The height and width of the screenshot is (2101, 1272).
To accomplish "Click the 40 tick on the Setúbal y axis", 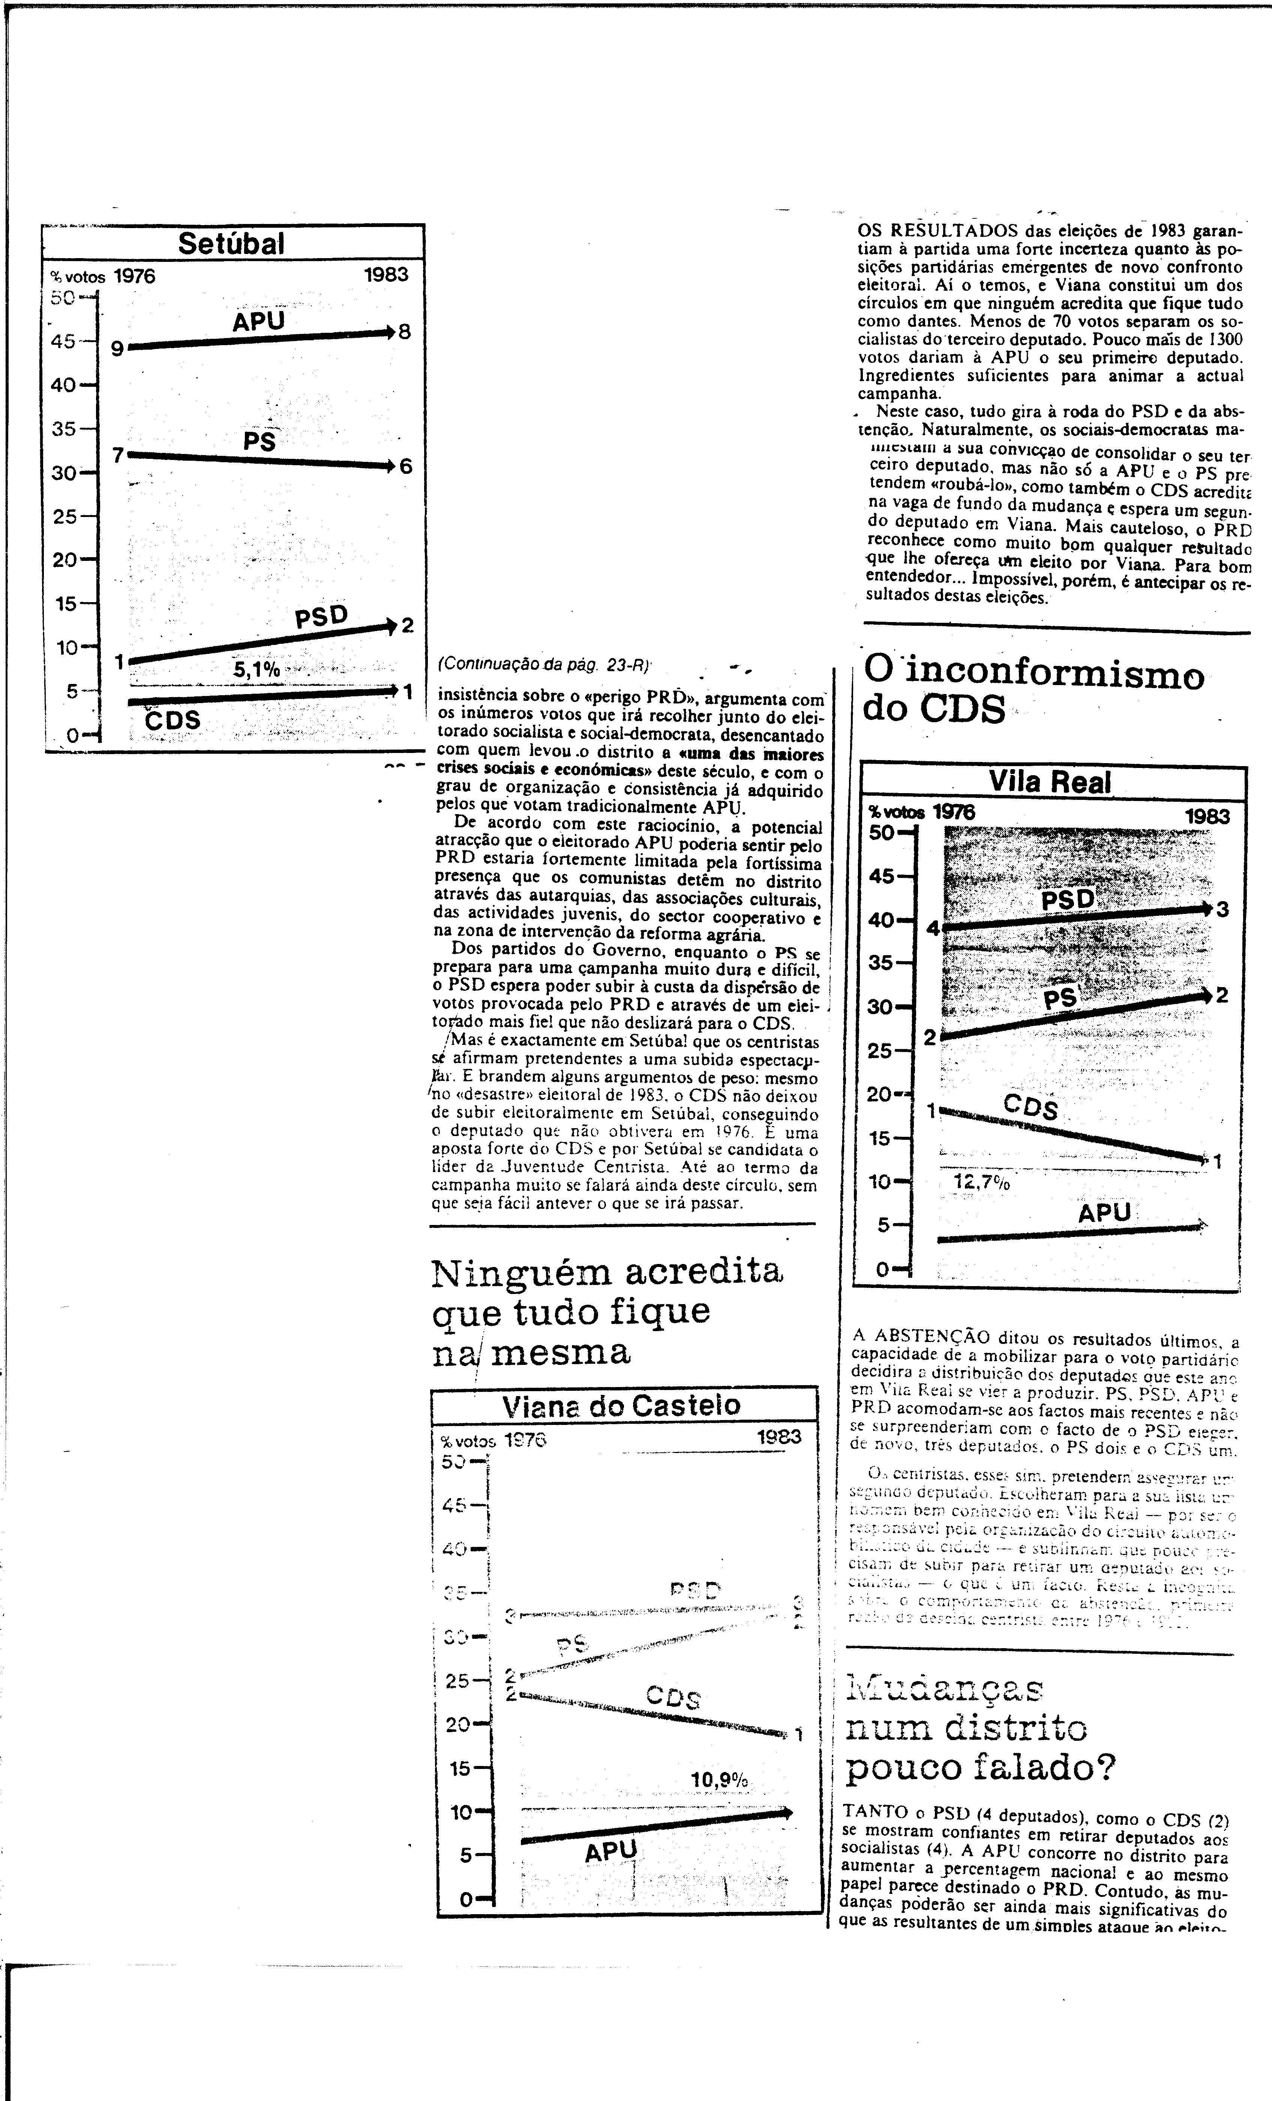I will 65,385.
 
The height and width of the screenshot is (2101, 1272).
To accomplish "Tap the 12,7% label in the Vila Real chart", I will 980,1183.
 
